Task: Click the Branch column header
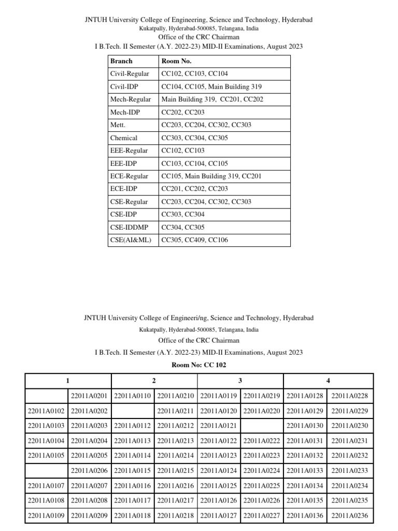[121, 61]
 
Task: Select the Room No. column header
[176, 61]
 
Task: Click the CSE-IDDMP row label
[129, 227]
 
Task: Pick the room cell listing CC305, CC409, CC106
[194, 240]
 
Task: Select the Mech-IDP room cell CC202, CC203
[183, 112]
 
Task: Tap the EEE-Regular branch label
[129, 151]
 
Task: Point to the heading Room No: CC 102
[199, 365]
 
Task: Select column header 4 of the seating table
[328, 381]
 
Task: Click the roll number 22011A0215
[175, 470]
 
